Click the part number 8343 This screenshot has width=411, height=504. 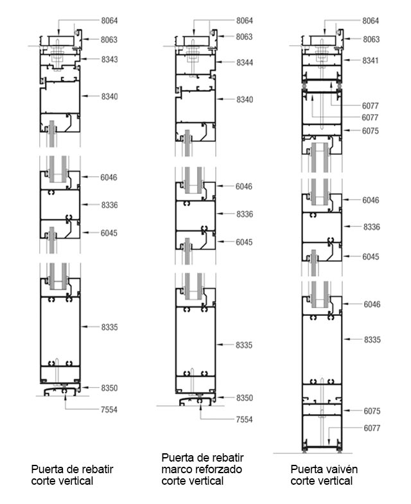109,60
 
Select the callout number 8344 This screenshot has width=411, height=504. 245,63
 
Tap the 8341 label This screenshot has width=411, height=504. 371,60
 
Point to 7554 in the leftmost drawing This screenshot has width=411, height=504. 109,410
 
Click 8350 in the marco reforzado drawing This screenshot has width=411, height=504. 245,398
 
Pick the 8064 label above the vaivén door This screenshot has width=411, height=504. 371,21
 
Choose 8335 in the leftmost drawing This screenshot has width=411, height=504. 109,327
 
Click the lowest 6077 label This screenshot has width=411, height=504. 372,428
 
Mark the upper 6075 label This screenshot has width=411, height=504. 370,131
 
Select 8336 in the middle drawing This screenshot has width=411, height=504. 245,214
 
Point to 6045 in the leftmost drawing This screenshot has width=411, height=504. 109,233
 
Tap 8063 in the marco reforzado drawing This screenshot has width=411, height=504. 244,37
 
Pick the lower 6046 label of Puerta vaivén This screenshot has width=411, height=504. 372,304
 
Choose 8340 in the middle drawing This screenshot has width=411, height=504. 245,100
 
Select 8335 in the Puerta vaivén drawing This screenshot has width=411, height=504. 372,340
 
